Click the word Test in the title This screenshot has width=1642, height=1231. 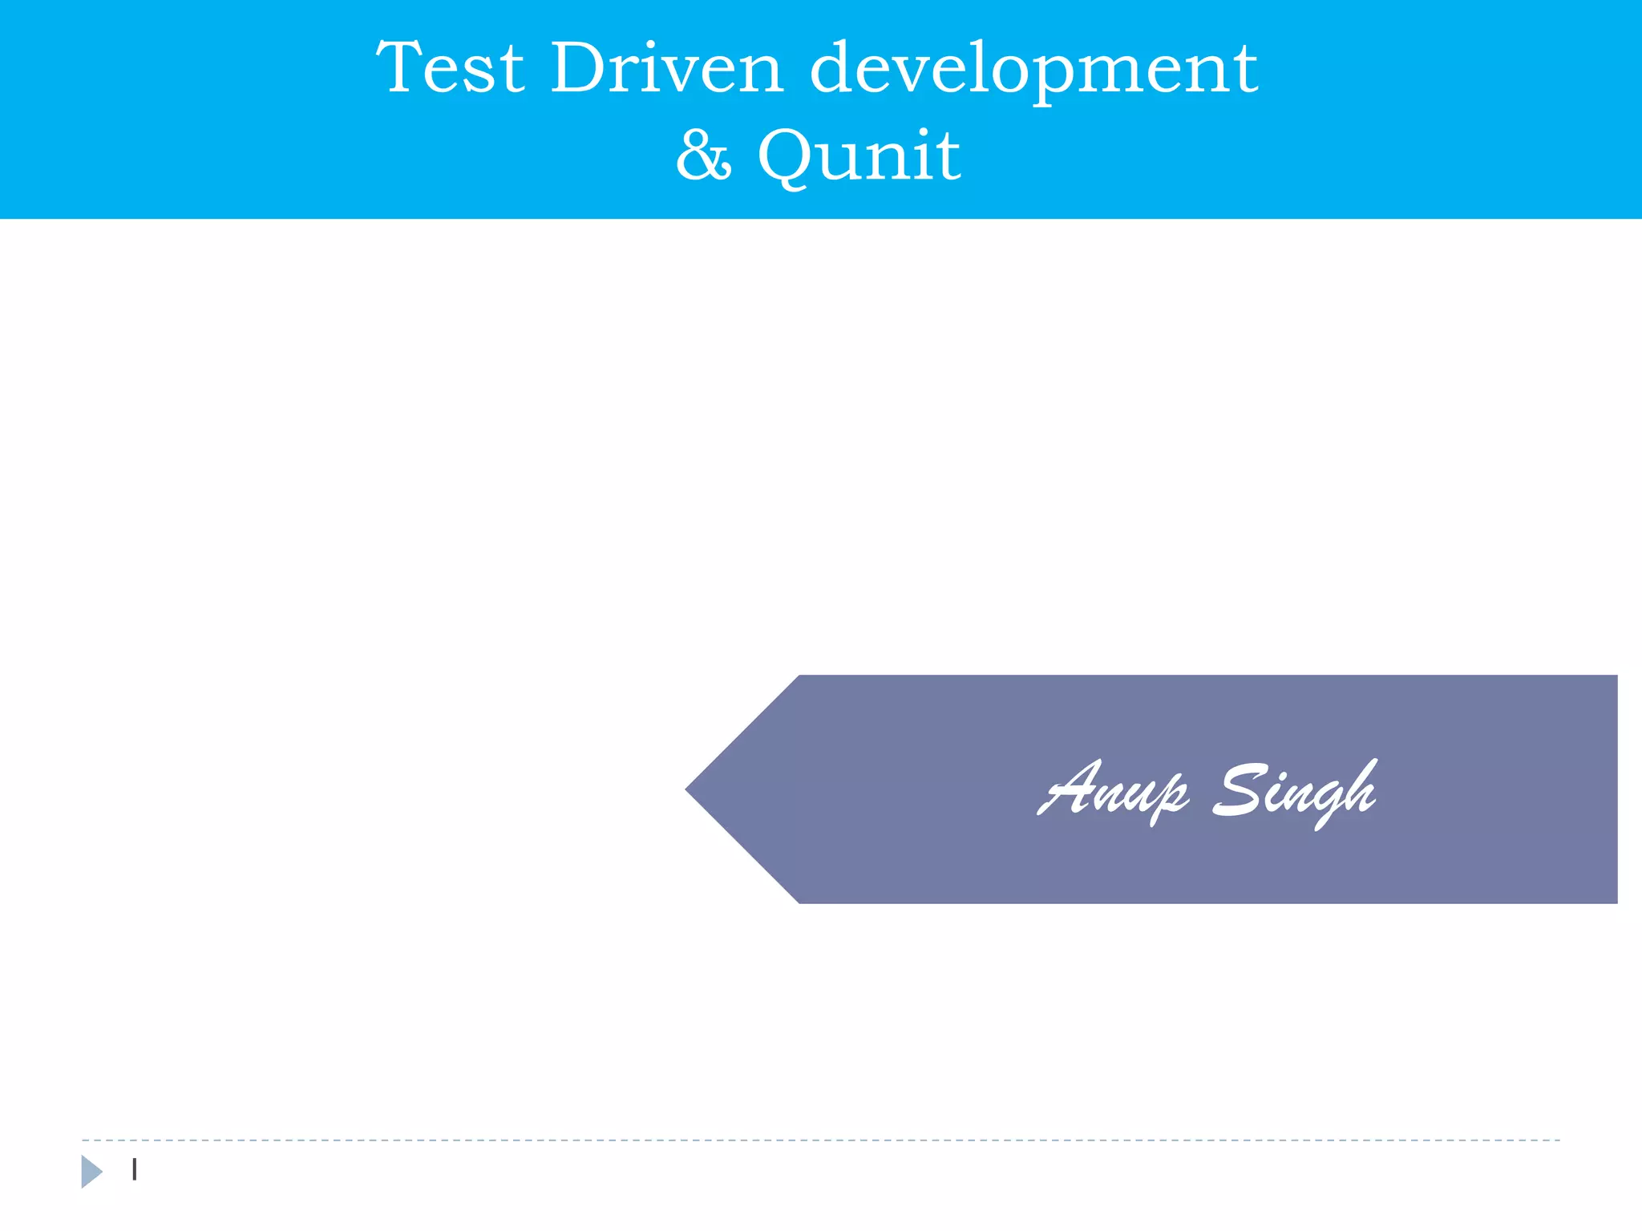450,68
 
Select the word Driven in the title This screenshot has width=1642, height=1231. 666,68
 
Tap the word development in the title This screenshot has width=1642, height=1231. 1033,70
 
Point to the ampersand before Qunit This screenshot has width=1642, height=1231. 703,155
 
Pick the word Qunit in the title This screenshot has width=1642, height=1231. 859,155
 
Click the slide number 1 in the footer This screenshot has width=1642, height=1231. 135,1170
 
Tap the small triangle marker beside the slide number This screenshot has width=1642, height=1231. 91,1172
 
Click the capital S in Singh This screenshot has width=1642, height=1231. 1240,790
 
